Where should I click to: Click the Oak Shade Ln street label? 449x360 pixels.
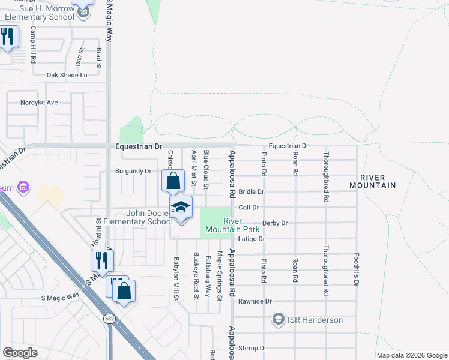click(x=67, y=75)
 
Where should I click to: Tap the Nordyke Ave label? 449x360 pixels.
click(x=39, y=103)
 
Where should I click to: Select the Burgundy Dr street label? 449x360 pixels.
click(x=133, y=171)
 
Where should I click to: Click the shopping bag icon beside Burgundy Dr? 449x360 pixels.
click(x=173, y=180)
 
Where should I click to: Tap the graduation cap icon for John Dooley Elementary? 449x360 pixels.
click(x=181, y=208)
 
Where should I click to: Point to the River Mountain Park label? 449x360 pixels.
click(x=232, y=225)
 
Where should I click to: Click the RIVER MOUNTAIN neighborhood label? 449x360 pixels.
click(x=379, y=181)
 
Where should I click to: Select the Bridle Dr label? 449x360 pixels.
click(x=252, y=192)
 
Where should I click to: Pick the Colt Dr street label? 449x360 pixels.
click(x=249, y=208)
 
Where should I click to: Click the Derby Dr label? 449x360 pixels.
click(x=276, y=223)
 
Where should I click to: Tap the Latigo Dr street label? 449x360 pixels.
click(x=251, y=239)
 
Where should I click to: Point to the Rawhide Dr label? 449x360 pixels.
click(x=255, y=301)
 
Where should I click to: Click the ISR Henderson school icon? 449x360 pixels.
click(x=278, y=319)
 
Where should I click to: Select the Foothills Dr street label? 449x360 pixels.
click(x=357, y=268)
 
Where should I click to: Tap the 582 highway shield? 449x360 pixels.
click(x=109, y=318)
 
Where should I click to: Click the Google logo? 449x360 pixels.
click(x=20, y=353)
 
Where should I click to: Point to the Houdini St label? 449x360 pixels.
click(x=99, y=230)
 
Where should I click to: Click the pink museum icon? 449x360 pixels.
click(x=23, y=188)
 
